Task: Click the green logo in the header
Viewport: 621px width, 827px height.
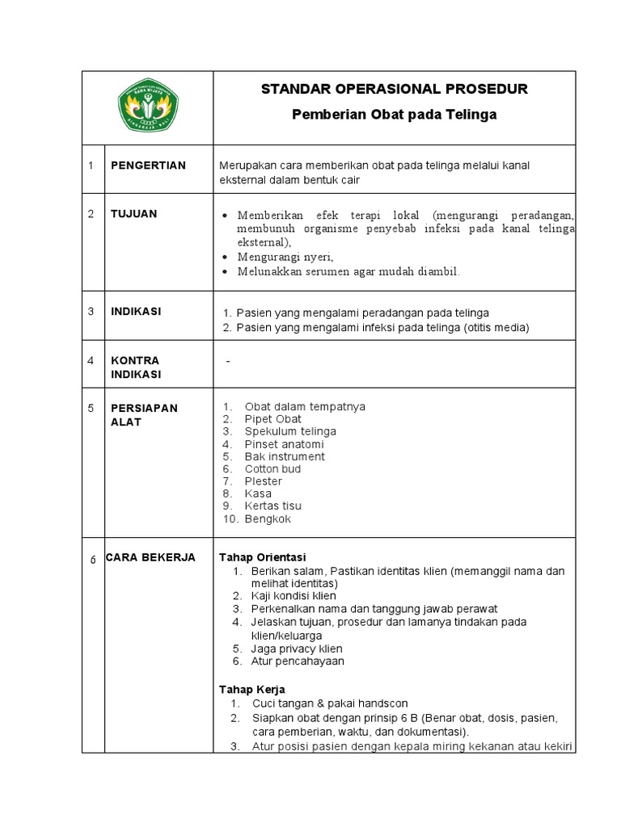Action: click(x=149, y=107)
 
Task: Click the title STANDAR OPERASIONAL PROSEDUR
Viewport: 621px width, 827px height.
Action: click(x=394, y=89)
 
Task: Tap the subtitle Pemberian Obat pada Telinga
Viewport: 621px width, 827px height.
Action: click(x=394, y=115)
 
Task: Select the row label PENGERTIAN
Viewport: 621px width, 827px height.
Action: click(x=148, y=166)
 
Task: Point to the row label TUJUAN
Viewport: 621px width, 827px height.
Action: click(x=133, y=214)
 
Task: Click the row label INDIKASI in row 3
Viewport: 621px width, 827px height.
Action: click(x=135, y=312)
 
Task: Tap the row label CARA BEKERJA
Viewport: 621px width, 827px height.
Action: click(x=150, y=557)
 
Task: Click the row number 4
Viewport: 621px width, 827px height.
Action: click(x=91, y=360)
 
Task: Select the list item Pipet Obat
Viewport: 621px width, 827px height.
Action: click(x=272, y=419)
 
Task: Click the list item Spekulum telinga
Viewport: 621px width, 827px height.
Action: click(x=289, y=431)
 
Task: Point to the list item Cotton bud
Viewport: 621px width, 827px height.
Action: click(x=272, y=468)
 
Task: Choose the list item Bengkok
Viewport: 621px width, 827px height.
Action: click(x=268, y=518)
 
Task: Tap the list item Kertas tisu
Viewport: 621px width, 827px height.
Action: click(x=273, y=506)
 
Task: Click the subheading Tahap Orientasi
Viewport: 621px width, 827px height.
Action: click(x=263, y=558)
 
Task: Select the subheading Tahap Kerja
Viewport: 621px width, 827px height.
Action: click(x=252, y=689)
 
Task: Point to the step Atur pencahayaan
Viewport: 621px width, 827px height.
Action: click(x=298, y=661)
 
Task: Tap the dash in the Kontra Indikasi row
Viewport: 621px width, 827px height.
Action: click(x=229, y=361)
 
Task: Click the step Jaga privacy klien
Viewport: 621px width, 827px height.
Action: click(x=297, y=649)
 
